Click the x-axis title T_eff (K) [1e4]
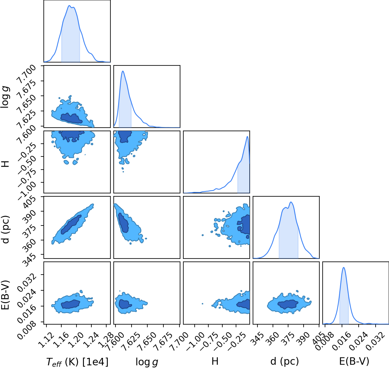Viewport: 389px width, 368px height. tap(77, 362)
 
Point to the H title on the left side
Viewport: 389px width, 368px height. tap(5, 164)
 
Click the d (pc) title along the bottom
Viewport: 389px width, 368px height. tap(285, 361)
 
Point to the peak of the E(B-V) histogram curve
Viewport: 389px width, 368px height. tap(344, 267)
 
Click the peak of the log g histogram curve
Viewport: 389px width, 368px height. tap(123, 71)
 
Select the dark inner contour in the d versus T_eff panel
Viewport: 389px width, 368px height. tap(71, 225)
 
